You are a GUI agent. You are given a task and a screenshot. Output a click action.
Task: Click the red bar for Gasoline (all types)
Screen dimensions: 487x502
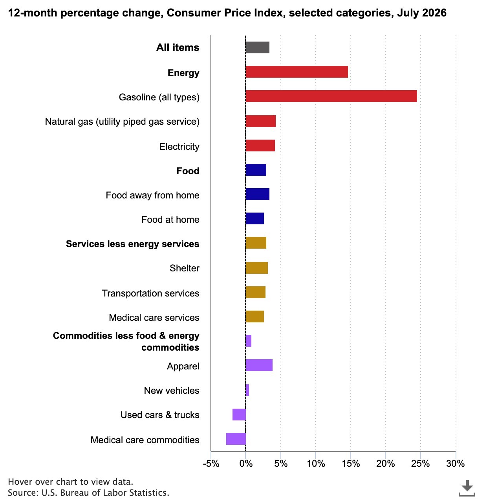[x=331, y=96]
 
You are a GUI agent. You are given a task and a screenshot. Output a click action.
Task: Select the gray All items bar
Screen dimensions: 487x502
[x=257, y=47]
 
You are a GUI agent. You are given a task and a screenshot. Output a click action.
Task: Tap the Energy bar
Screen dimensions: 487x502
[x=297, y=72]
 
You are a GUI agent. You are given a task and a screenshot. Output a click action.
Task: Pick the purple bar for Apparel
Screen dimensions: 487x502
[x=259, y=365]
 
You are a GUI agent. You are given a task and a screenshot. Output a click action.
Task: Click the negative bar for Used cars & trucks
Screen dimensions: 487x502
[x=239, y=415]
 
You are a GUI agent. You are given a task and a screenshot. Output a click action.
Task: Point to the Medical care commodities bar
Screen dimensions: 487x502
[x=236, y=439]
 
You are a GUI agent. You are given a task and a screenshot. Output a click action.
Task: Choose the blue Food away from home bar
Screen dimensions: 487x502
[x=257, y=194]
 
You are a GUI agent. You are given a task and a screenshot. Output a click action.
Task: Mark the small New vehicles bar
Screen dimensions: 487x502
[x=247, y=390]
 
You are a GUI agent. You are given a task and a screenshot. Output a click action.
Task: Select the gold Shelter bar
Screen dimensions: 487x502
[x=256, y=268]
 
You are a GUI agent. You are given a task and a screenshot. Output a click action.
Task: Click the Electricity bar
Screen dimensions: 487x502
[x=260, y=146]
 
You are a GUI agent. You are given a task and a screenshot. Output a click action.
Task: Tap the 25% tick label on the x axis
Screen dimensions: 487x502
[x=420, y=464]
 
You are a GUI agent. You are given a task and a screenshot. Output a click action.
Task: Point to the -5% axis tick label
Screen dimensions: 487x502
[x=211, y=464]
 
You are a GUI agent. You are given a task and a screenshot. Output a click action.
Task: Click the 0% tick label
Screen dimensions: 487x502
[x=246, y=464]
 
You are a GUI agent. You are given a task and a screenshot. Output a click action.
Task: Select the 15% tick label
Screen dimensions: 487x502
[x=351, y=464]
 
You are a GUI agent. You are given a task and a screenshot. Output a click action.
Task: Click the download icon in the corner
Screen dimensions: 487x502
[x=467, y=488]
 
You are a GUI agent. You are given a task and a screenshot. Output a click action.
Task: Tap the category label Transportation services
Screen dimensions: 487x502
[x=151, y=293]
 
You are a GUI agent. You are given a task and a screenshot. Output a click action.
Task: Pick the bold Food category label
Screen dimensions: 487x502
[x=188, y=171]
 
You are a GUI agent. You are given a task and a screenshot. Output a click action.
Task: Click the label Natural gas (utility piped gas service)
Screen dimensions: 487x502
[x=122, y=122]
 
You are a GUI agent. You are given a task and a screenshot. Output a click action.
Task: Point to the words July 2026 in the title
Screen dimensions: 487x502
[x=422, y=13]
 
